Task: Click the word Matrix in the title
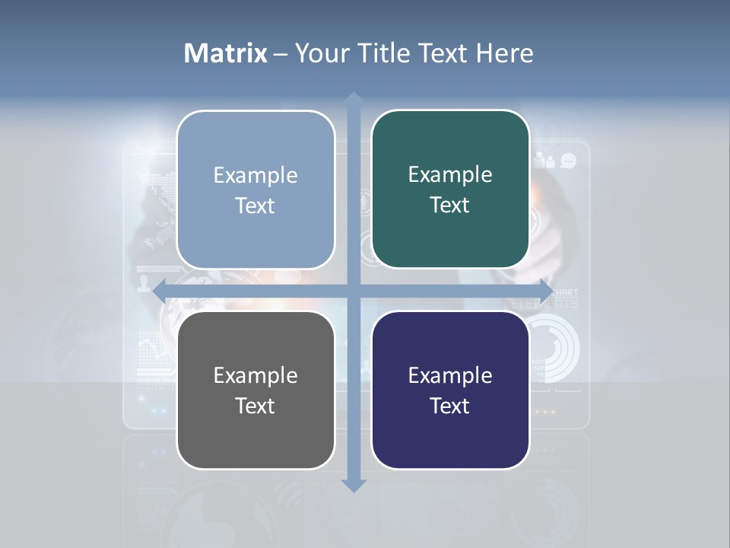click(226, 53)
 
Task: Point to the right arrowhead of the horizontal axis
click(545, 291)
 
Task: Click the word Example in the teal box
click(450, 174)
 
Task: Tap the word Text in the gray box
click(255, 406)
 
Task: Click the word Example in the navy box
click(450, 375)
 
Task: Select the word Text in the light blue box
click(255, 205)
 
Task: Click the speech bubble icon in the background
click(568, 161)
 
